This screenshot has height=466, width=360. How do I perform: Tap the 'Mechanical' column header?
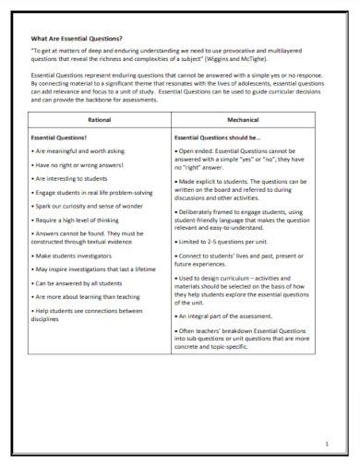coord(243,120)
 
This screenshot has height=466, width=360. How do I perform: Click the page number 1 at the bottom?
coord(326,444)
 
